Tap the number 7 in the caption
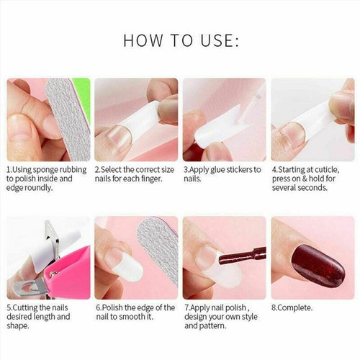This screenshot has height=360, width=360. click(186, 307)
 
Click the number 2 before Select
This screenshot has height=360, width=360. click(97, 169)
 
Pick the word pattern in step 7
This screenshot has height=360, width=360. click(212, 325)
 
